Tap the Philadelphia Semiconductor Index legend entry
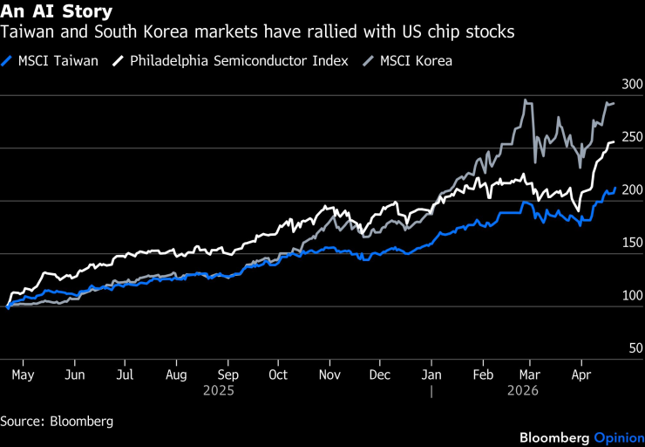click(240, 61)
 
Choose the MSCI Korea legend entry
click(415, 61)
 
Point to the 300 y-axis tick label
click(631, 85)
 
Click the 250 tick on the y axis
click(631, 137)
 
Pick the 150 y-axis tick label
click(631, 243)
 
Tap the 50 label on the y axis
click(635, 348)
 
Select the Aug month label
click(176, 375)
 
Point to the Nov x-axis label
click(329, 375)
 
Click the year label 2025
click(219, 391)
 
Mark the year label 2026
click(523, 391)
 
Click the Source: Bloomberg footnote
click(57, 421)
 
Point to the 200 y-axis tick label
click(631, 190)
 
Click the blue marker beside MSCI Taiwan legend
click(10, 61)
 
